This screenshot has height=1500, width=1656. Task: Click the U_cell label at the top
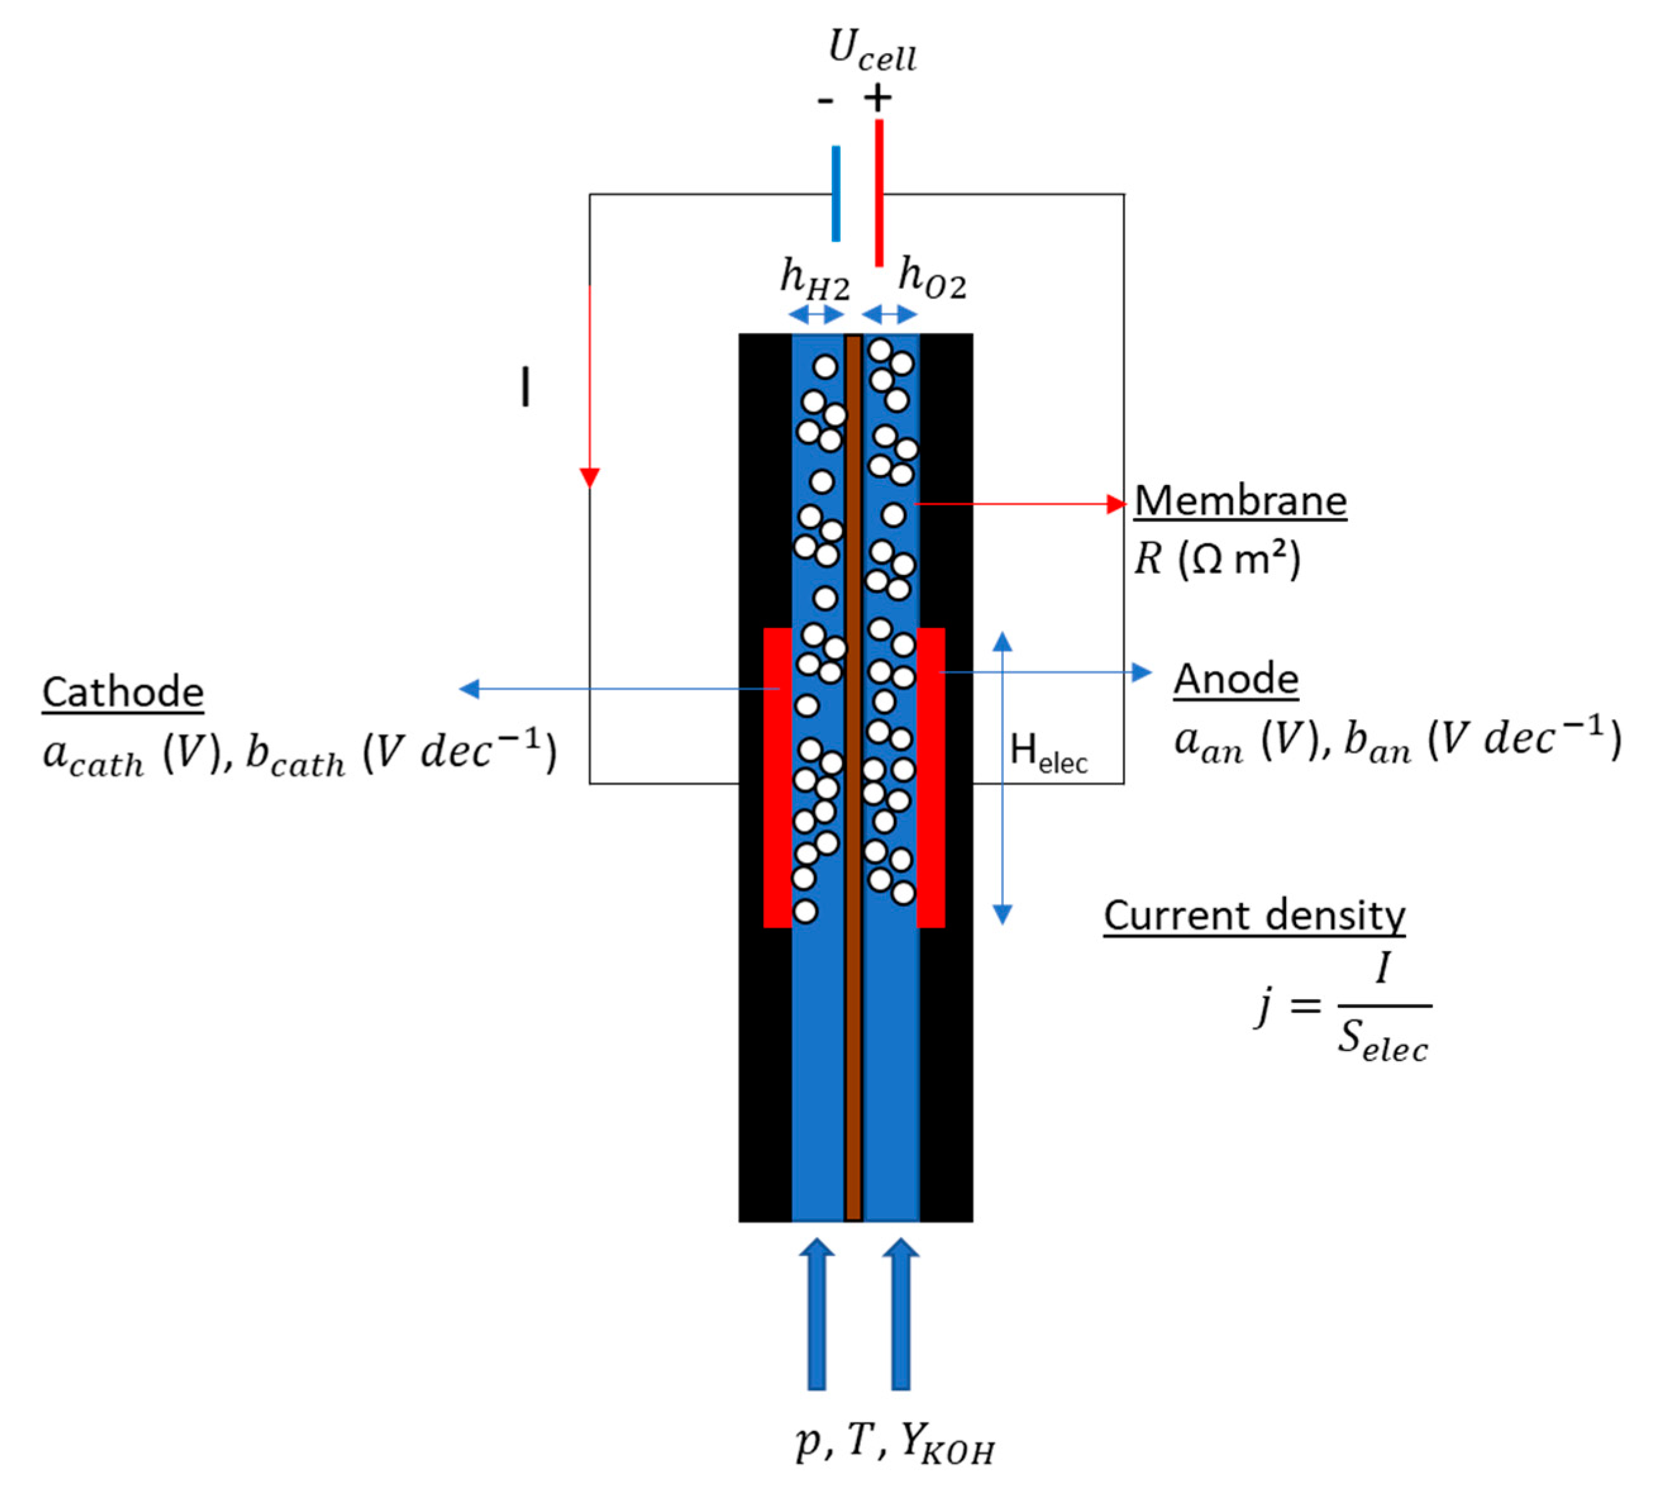click(872, 51)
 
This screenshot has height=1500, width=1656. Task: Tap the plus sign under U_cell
click(877, 99)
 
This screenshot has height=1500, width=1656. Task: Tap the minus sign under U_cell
click(825, 101)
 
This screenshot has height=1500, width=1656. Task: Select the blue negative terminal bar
click(836, 194)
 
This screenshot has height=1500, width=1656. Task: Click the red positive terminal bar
click(879, 194)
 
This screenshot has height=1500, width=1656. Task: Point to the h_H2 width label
click(814, 279)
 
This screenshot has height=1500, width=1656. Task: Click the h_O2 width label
click(932, 278)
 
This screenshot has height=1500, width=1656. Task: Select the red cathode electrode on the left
click(777, 777)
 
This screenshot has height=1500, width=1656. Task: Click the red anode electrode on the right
click(930, 777)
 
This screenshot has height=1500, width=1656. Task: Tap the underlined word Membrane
click(1240, 501)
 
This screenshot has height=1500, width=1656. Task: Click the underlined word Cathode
click(123, 692)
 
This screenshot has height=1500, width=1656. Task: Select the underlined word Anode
click(1235, 679)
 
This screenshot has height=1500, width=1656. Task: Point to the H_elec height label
click(1047, 752)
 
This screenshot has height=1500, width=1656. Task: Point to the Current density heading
click(1254, 916)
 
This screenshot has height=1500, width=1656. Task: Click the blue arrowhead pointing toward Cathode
click(469, 689)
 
